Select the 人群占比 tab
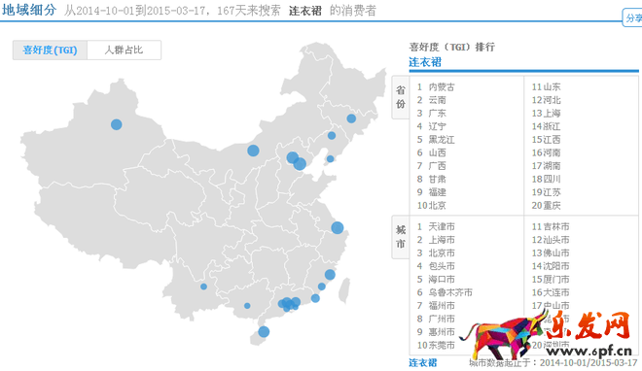[x=124, y=50]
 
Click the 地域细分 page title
[x=28, y=11]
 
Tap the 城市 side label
[x=400, y=238]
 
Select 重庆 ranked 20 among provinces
[x=551, y=205]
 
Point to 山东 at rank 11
[x=551, y=86]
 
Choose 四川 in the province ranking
[x=551, y=179]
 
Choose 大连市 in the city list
[x=555, y=292]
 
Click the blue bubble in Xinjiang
[x=117, y=124]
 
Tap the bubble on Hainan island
[x=264, y=332]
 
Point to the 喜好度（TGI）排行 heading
[x=451, y=47]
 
